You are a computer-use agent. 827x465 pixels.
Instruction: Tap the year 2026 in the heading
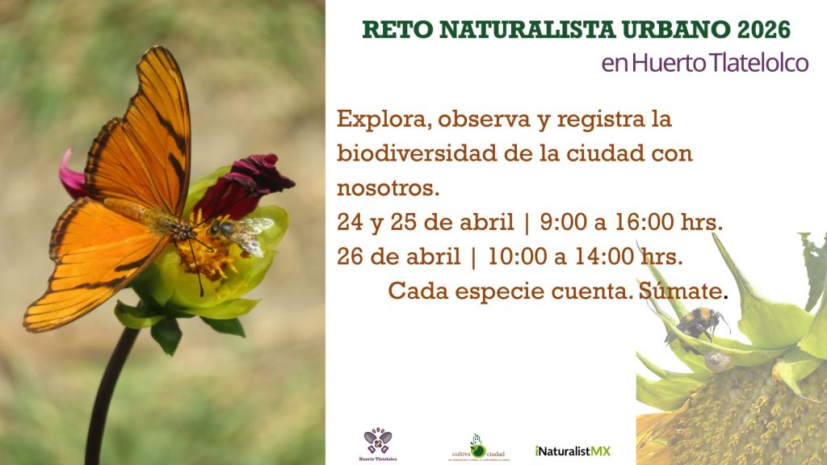coord(763,30)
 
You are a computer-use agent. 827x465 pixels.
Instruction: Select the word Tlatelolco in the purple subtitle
coord(758,63)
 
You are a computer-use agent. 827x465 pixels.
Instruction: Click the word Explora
coord(376,119)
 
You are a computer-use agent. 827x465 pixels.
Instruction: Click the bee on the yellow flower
coord(240,233)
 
